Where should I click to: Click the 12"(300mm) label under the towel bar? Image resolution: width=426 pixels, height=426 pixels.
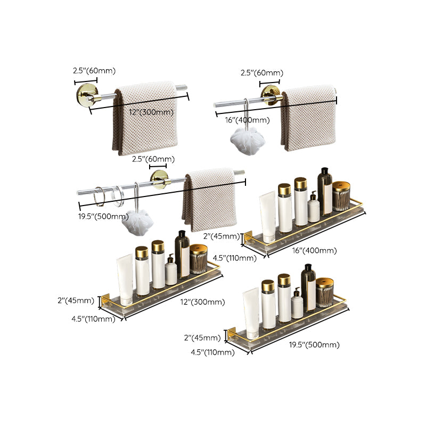(152, 112)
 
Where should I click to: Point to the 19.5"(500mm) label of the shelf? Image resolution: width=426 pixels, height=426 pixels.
(314, 345)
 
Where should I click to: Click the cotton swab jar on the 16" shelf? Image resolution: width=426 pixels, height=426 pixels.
(341, 196)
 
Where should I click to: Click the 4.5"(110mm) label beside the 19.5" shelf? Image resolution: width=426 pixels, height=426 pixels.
(212, 352)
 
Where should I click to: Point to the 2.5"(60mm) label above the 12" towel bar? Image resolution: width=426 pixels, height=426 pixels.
(94, 71)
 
